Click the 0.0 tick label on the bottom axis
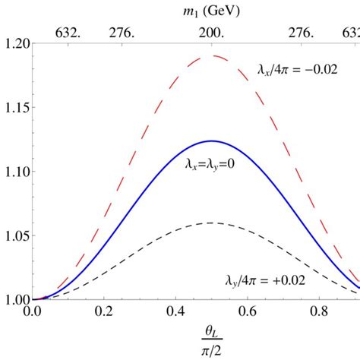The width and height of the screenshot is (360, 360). point(33,311)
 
